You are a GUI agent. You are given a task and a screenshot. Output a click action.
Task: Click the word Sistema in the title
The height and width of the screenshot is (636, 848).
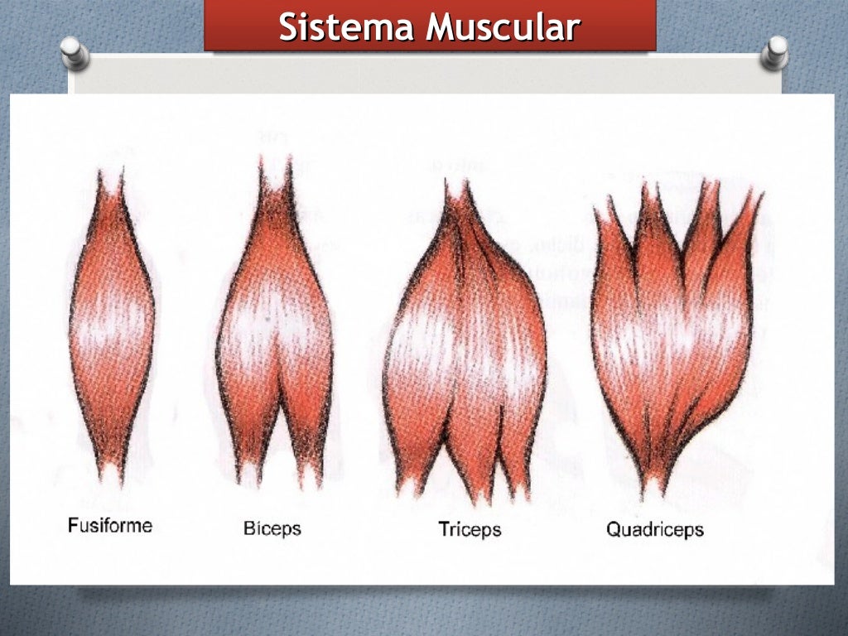346,27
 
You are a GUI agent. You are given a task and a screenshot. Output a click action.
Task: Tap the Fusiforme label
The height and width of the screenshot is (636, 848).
110,525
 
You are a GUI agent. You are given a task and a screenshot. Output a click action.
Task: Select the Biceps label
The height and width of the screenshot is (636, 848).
272,528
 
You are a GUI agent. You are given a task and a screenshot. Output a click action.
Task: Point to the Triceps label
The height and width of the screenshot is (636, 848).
470,528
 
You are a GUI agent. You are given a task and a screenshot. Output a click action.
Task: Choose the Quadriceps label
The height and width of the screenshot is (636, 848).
654,528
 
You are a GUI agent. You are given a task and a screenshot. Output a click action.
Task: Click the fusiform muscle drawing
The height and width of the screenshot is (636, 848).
111,331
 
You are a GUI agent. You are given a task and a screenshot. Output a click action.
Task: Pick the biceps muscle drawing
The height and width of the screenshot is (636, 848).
274,331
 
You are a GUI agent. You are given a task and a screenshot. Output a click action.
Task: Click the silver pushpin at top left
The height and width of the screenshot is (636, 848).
75,54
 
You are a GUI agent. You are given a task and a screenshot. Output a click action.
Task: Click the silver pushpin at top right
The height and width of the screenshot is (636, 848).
776,52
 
